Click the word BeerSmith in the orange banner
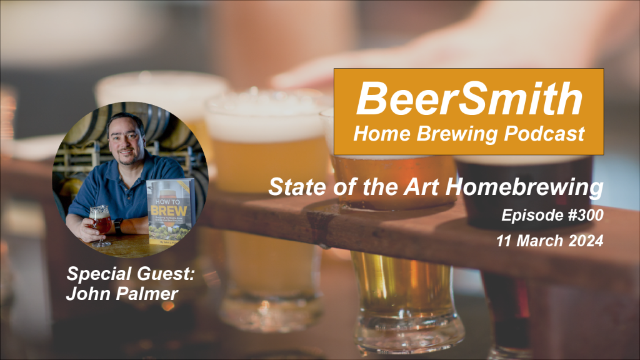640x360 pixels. [x=469, y=99]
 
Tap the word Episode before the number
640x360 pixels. [x=526, y=217]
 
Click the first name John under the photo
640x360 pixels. [x=87, y=291]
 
